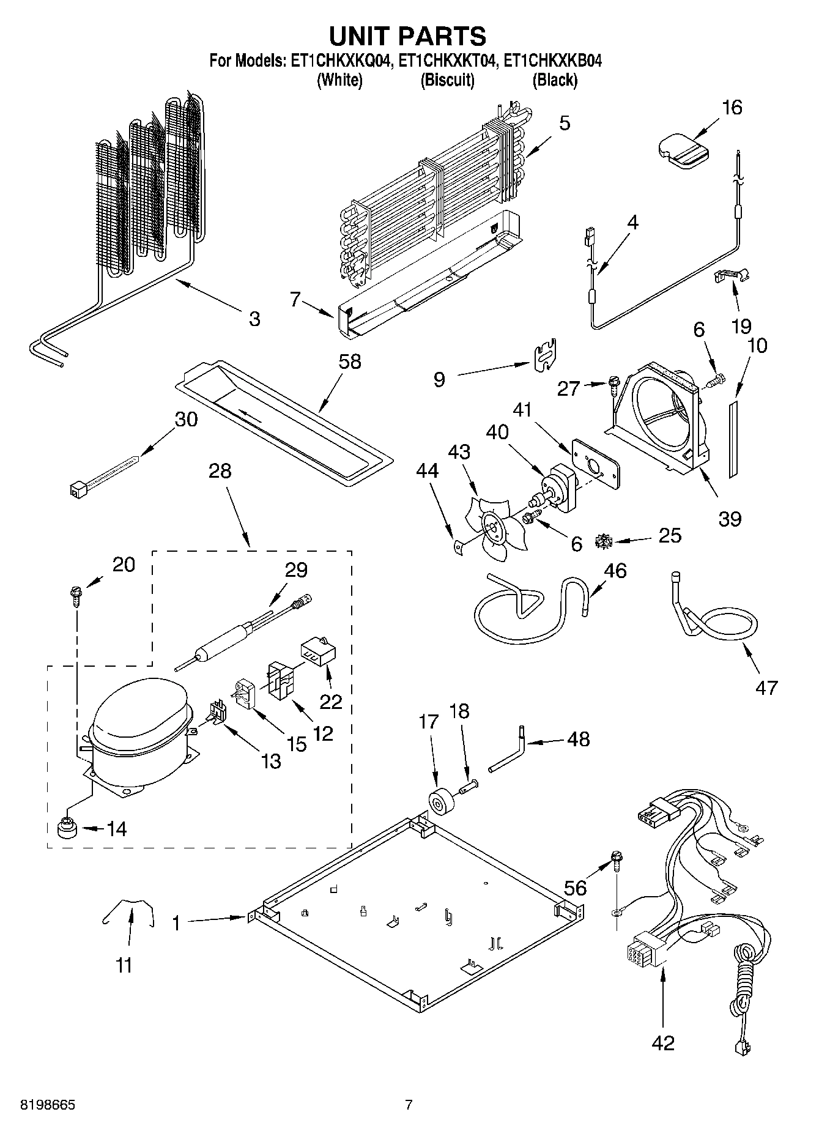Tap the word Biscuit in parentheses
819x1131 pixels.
click(x=447, y=80)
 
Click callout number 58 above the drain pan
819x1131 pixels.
click(x=350, y=362)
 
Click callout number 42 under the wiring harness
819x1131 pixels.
click(x=663, y=1042)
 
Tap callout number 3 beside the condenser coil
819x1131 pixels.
click(x=254, y=319)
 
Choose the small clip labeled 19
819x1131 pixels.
click(x=733, y=276)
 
